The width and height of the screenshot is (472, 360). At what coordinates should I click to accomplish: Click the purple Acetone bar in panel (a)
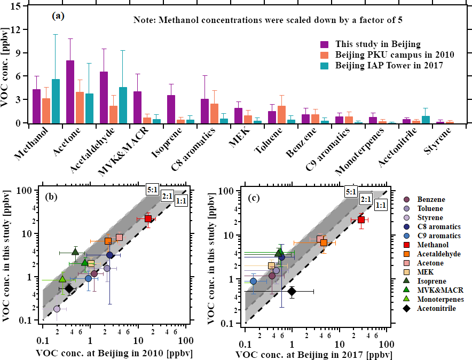(x=70, y=92)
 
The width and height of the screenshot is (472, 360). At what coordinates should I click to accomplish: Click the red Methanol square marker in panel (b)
(x=148, y=218)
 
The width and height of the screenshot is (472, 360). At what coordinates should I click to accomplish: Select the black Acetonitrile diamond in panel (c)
(x=292, y=291)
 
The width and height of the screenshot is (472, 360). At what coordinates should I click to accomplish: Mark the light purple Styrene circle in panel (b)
(x=57, y=309)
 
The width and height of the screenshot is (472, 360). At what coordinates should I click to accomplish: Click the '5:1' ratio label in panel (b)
(x=152, y=189)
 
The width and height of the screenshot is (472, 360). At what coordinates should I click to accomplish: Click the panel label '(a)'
(x=58, y=16)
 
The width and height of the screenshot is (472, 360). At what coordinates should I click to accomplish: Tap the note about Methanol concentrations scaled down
(x=267, y=20)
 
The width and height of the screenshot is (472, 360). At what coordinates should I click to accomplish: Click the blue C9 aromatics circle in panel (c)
(x=254, y=281)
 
